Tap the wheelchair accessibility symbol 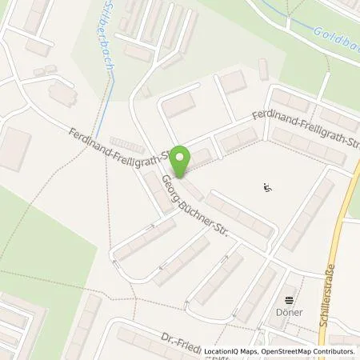click(x=267, y=189)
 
